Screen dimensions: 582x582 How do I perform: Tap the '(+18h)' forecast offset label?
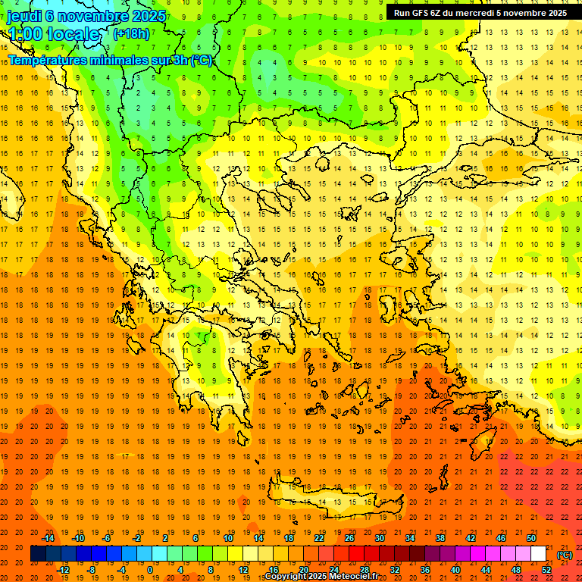[131, 33]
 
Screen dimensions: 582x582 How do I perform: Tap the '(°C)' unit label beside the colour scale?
[565, 555]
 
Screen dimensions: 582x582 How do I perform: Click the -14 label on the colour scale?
[49, 538]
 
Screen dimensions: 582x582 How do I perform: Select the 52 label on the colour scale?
[546, 570]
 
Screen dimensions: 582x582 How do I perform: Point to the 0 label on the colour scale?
[150, 570]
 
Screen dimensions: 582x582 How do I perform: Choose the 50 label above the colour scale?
[530, 538]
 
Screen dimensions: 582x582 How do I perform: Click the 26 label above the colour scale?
[349, 538]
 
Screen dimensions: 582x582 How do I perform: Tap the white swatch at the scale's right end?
[538, 554]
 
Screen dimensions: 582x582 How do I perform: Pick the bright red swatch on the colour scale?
[356, 554]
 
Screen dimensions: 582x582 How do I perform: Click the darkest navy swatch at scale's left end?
[38, 554]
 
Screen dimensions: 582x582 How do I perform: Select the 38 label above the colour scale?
[440, 538]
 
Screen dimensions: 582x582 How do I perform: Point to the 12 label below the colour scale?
[242, 570]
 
